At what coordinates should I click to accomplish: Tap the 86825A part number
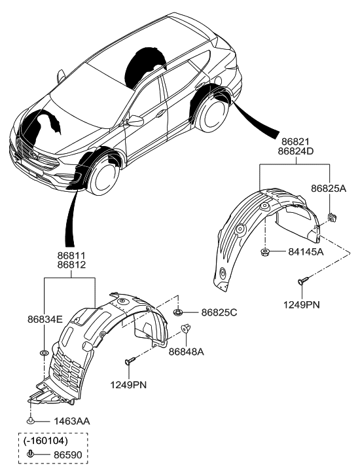tap(329, 188)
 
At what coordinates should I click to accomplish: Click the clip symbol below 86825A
tap(331, 213)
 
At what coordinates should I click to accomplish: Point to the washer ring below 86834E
tap(44, 354)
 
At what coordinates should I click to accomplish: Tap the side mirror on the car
tap(135, 121)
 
